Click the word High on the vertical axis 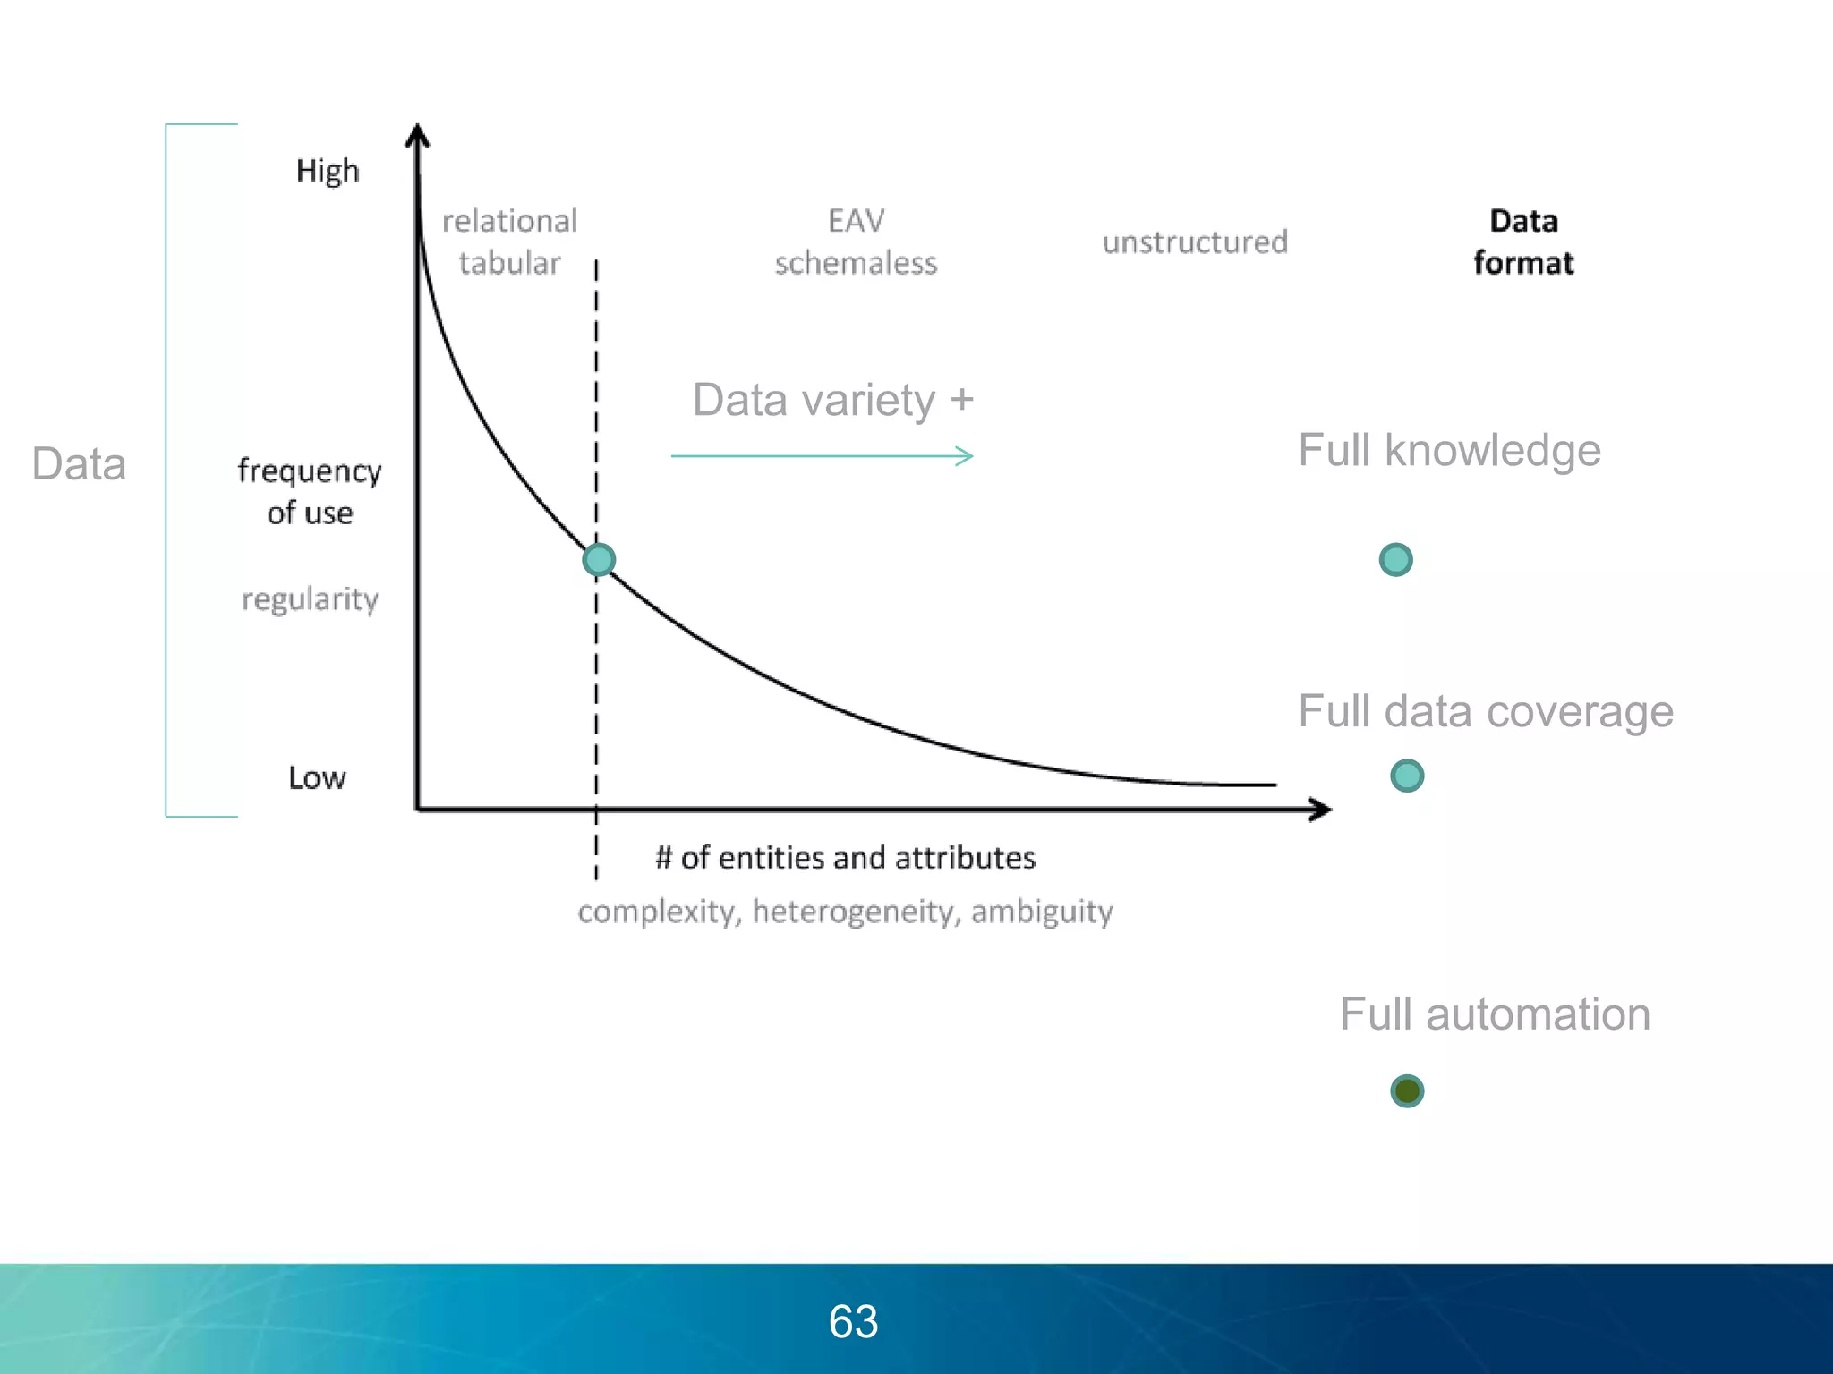coord(328,171)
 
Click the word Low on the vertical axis coord(317,777)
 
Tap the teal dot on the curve coord(599,560)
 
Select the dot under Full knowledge coord(1395,560)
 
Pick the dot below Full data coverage coord(1407,776)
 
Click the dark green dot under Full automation coord(1407,1090)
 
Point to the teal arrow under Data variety coord(822,456)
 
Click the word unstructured coord(1195,242)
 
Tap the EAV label coord(857,220)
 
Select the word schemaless coord(856,263)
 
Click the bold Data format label coord(1523,242)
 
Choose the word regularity coord(310,598)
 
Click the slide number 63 coord(853,1321)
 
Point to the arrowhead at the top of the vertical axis coord(417,135)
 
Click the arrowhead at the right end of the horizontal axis coord(1320,810)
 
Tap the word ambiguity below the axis coord(1042,912)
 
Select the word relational coord(509,220)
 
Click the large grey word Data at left coord(79,463)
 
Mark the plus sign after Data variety coord(962,399)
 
